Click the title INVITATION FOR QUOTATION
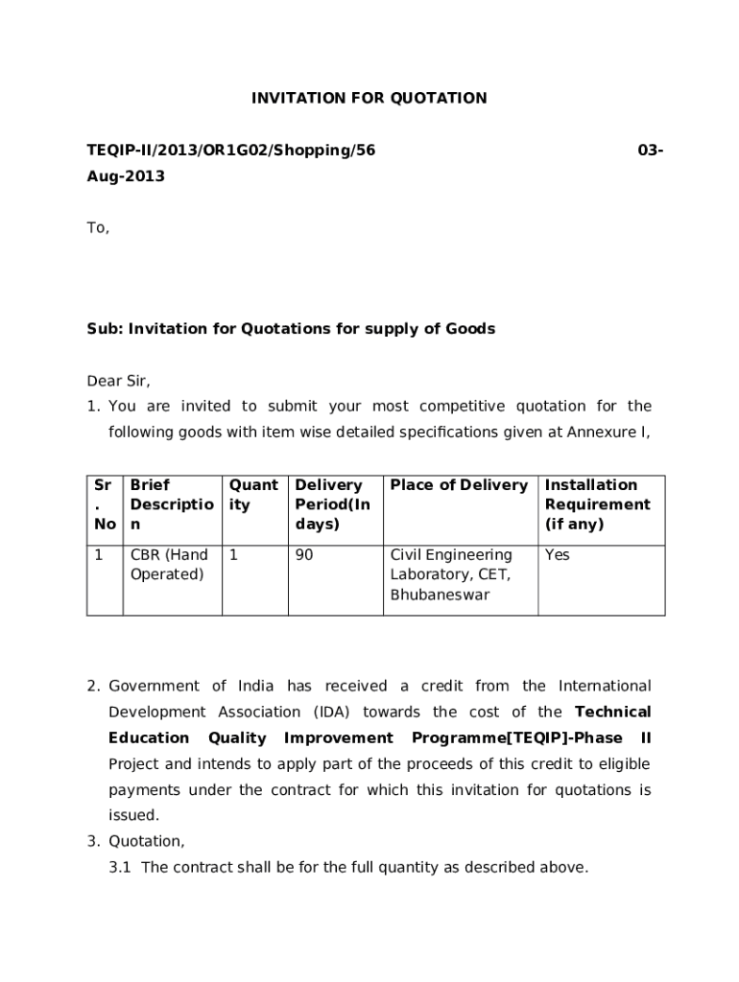click(x=369, y=98)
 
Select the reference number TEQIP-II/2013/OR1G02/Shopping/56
click(x=231, y=151)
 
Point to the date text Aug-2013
click(x=126, y=176)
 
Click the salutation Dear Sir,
click(x=119, y=381)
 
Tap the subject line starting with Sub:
click(x=291, y=329)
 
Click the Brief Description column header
click(x=171, y=504)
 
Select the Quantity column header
click(x=253, y=495)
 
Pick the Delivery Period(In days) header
click(x=332, y=504)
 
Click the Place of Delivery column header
click(x=459, y=485)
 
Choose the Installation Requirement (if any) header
click(x=597, y=504)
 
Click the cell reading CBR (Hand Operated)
click(x=169, y=565)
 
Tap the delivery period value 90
click(x=304, y=555)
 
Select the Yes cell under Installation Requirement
click(x=557, y=555)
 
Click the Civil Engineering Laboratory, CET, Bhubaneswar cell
click(x=451, y=574)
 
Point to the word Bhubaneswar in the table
click(x=440, y=595)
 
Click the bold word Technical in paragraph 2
click(x=612, y=712)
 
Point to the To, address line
click(x=99, y=228)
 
